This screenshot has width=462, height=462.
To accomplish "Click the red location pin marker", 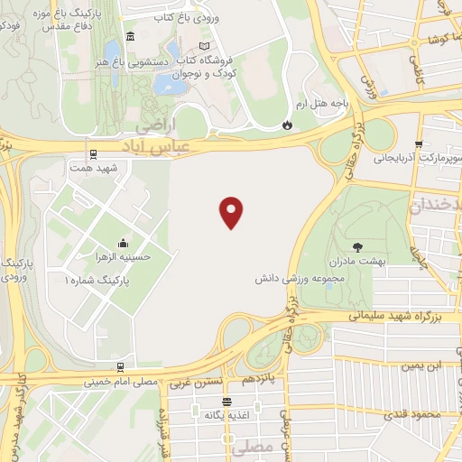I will [232, 211].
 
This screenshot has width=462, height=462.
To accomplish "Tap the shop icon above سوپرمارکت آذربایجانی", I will [418, 144].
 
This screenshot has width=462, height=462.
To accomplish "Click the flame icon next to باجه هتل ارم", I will [287, 125].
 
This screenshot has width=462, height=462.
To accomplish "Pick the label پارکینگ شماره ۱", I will [98, 281].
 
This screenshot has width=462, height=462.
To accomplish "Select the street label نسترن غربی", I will [194, 383].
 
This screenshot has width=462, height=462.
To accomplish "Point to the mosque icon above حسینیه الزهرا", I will [124, 244].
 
